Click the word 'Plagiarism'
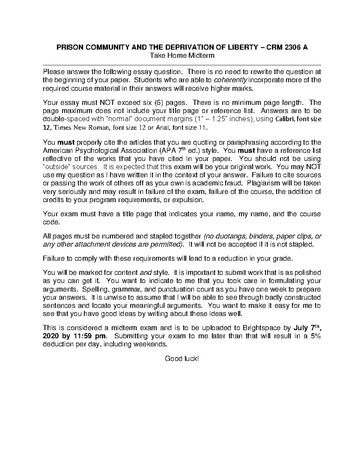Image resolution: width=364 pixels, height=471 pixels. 261,183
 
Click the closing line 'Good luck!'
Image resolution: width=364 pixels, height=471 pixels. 182,359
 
